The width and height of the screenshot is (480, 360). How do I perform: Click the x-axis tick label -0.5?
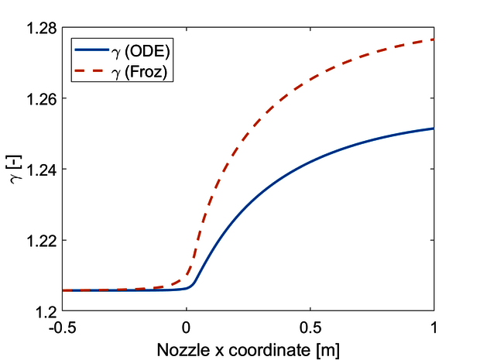click(63, 325)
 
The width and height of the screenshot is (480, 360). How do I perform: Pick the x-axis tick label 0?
click(187, 325)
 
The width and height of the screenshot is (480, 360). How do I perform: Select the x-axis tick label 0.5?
click(310, 325)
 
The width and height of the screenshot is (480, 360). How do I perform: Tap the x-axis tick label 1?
click(434, 325)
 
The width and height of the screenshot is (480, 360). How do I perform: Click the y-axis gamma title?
click(19, 170)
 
